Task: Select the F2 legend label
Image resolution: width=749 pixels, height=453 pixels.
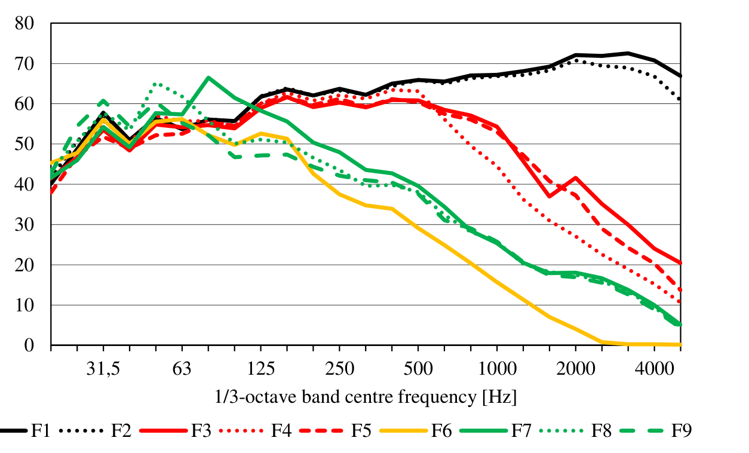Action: coord(121,431)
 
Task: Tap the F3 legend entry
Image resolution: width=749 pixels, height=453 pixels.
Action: coord(201,431)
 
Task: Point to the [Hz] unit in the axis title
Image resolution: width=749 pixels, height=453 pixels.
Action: coord(500,396)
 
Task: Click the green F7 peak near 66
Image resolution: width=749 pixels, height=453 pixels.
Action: coord(208,78)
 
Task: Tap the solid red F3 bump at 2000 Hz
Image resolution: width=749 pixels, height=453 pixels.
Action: coord(575,177)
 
